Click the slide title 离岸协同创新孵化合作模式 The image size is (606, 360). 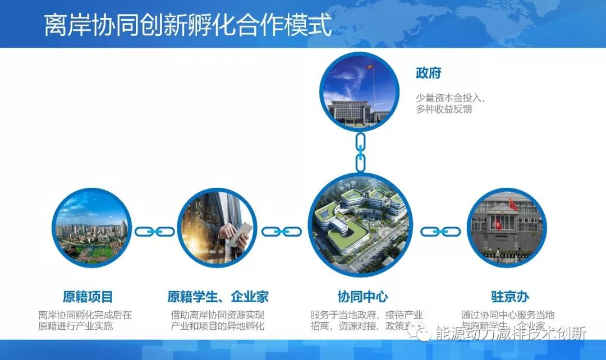pyautogui.click(x=188, y=25)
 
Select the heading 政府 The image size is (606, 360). pyautogui.click(x=429, y=73)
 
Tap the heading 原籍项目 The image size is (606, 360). pyautogui.click(x=88, y=297)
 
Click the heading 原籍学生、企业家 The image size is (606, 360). pyautogui.click(x=218, y=297)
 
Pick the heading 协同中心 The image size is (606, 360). pyautogui.click(x=362, y=297)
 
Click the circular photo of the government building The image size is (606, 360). pyautogui.click(x=359, y=91)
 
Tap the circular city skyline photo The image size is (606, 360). pyautogui.click(x=91, y=229)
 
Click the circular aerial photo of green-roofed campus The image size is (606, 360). pyautogui.click(x=360, y=224)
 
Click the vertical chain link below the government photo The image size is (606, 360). pyautogui.click(x=360, y=151)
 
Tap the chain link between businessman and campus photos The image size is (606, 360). pyautogui.click(x=282, y=231)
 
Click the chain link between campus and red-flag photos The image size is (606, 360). pyautogui.click(x=440, y=231)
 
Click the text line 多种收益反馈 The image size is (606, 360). pyautogui.click(x=444, y=109)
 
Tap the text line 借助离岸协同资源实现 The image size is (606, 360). pyautogui.click(x=218, y=315)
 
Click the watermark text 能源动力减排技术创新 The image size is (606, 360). pyautogui.click(x=511, y=333)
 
